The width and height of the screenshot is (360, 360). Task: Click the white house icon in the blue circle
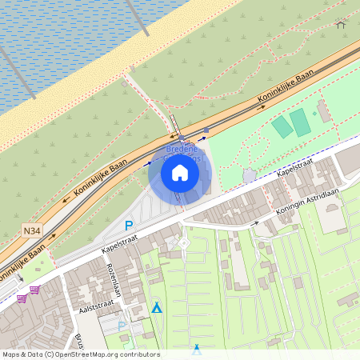(180, 172)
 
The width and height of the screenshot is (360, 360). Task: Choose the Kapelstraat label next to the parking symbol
(120, 238)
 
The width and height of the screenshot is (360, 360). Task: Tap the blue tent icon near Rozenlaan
(157, 308)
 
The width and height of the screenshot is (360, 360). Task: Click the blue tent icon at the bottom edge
(197, 349)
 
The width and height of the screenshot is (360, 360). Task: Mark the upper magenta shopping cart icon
(34, 289)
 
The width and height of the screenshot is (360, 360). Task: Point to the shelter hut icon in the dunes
(340, 24)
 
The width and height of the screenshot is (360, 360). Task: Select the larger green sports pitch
(300, 122)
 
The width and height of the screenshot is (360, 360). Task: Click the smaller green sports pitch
(282, 126)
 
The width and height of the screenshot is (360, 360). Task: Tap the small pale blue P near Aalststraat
(122, 326)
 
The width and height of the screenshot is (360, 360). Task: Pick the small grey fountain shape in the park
(250, 174)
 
